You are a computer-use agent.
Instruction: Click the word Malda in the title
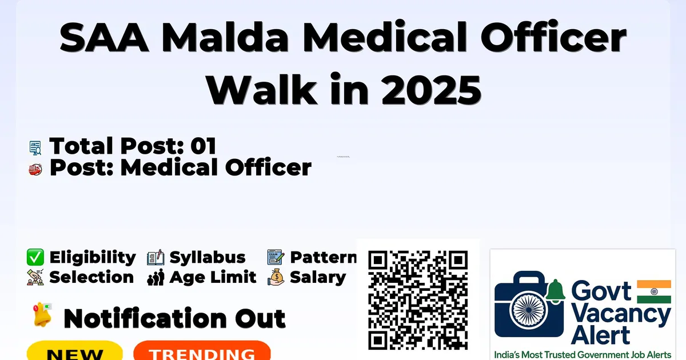[x=225, y=37]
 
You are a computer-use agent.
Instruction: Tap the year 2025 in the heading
[x=431, y=89]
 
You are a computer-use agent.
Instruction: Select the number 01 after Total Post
[x=204, y=146]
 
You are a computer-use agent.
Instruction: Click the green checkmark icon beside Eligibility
[x=35, y=257]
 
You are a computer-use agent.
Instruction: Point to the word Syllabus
[x=208, y=258]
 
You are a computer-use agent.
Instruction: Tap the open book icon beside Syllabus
[x=155, y=257]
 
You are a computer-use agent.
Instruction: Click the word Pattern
[x=324, y=258]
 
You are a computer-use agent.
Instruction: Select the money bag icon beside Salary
[x=276, y=277]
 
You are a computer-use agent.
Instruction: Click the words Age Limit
[x=213, y=277]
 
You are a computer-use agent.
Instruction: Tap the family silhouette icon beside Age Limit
[x=155, y=277]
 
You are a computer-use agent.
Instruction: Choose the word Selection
[x=91, y=277]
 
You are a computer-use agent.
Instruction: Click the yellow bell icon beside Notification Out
[x=42, y=314]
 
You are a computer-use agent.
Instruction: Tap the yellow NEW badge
[x=75, y=350]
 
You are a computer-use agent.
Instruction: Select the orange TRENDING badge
[x=202, y=350]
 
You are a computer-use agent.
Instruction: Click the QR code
[x=418, y=300]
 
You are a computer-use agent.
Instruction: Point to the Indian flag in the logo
[x=654, y=291]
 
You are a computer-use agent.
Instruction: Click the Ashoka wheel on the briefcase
[x=529, y=310]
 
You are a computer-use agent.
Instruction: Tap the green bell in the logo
[x=555, y=291]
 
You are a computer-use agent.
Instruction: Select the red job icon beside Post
[x=35, y=169]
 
